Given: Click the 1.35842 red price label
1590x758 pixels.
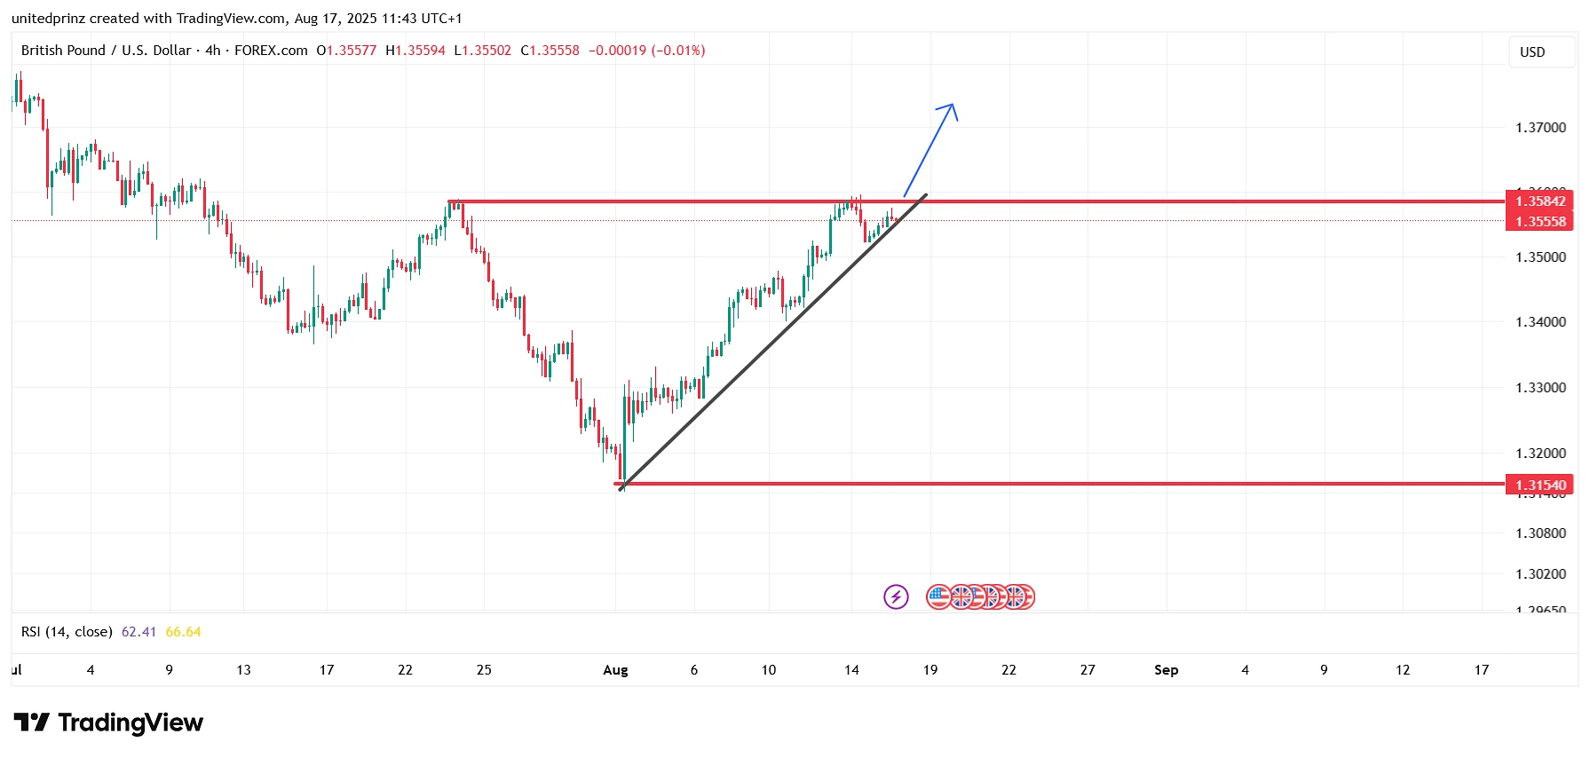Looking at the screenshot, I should pos(1539,201).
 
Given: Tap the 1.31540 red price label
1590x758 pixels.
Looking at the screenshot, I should pos(1539,485).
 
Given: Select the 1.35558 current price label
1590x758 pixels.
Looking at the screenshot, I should pos(1539,222).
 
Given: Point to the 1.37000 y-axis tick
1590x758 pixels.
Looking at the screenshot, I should pos(1540,128).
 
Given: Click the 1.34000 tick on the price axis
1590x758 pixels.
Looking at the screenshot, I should pos(1540,322).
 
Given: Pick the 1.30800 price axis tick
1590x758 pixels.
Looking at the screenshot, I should pos(1540,533).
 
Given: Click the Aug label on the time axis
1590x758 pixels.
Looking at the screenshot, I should pos(615,670).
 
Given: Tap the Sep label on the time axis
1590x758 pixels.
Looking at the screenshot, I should pos(1166,670).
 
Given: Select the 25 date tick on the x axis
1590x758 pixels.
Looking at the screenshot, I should pos(484,670).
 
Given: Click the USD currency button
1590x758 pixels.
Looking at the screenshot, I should pos(1532,52).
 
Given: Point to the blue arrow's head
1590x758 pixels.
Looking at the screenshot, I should pos(952,107).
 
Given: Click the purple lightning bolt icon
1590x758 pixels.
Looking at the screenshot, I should pos(896,596).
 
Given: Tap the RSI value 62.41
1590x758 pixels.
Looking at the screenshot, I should pos(138,632).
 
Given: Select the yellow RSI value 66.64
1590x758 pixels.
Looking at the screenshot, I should pos(183,632).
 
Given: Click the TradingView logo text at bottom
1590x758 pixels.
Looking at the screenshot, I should pos(130,723).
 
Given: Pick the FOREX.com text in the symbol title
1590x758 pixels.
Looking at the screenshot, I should pos(271,51).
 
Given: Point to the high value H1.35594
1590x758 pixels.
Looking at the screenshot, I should pos(415,51).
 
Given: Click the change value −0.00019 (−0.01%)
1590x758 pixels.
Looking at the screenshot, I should pos(646,51).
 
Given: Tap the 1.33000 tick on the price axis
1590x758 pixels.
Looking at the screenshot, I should pos(1540,388).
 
